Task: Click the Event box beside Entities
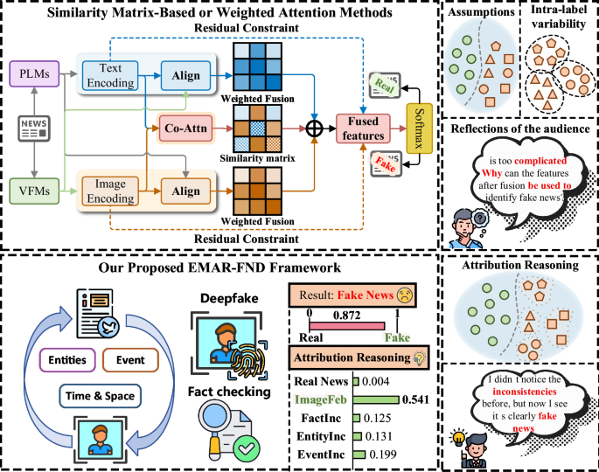coord(129,358)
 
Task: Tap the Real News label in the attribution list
coord(318,381)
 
